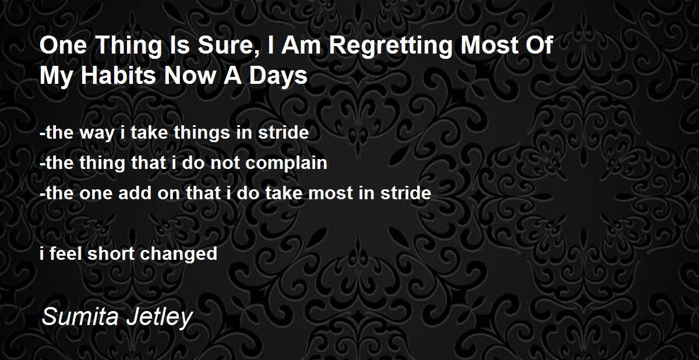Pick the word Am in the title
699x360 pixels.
point(301,45)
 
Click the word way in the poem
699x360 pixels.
point(97,133)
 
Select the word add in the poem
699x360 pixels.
point(135,193)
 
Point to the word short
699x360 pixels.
point(111,253)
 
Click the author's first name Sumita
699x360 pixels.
point(80,316)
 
